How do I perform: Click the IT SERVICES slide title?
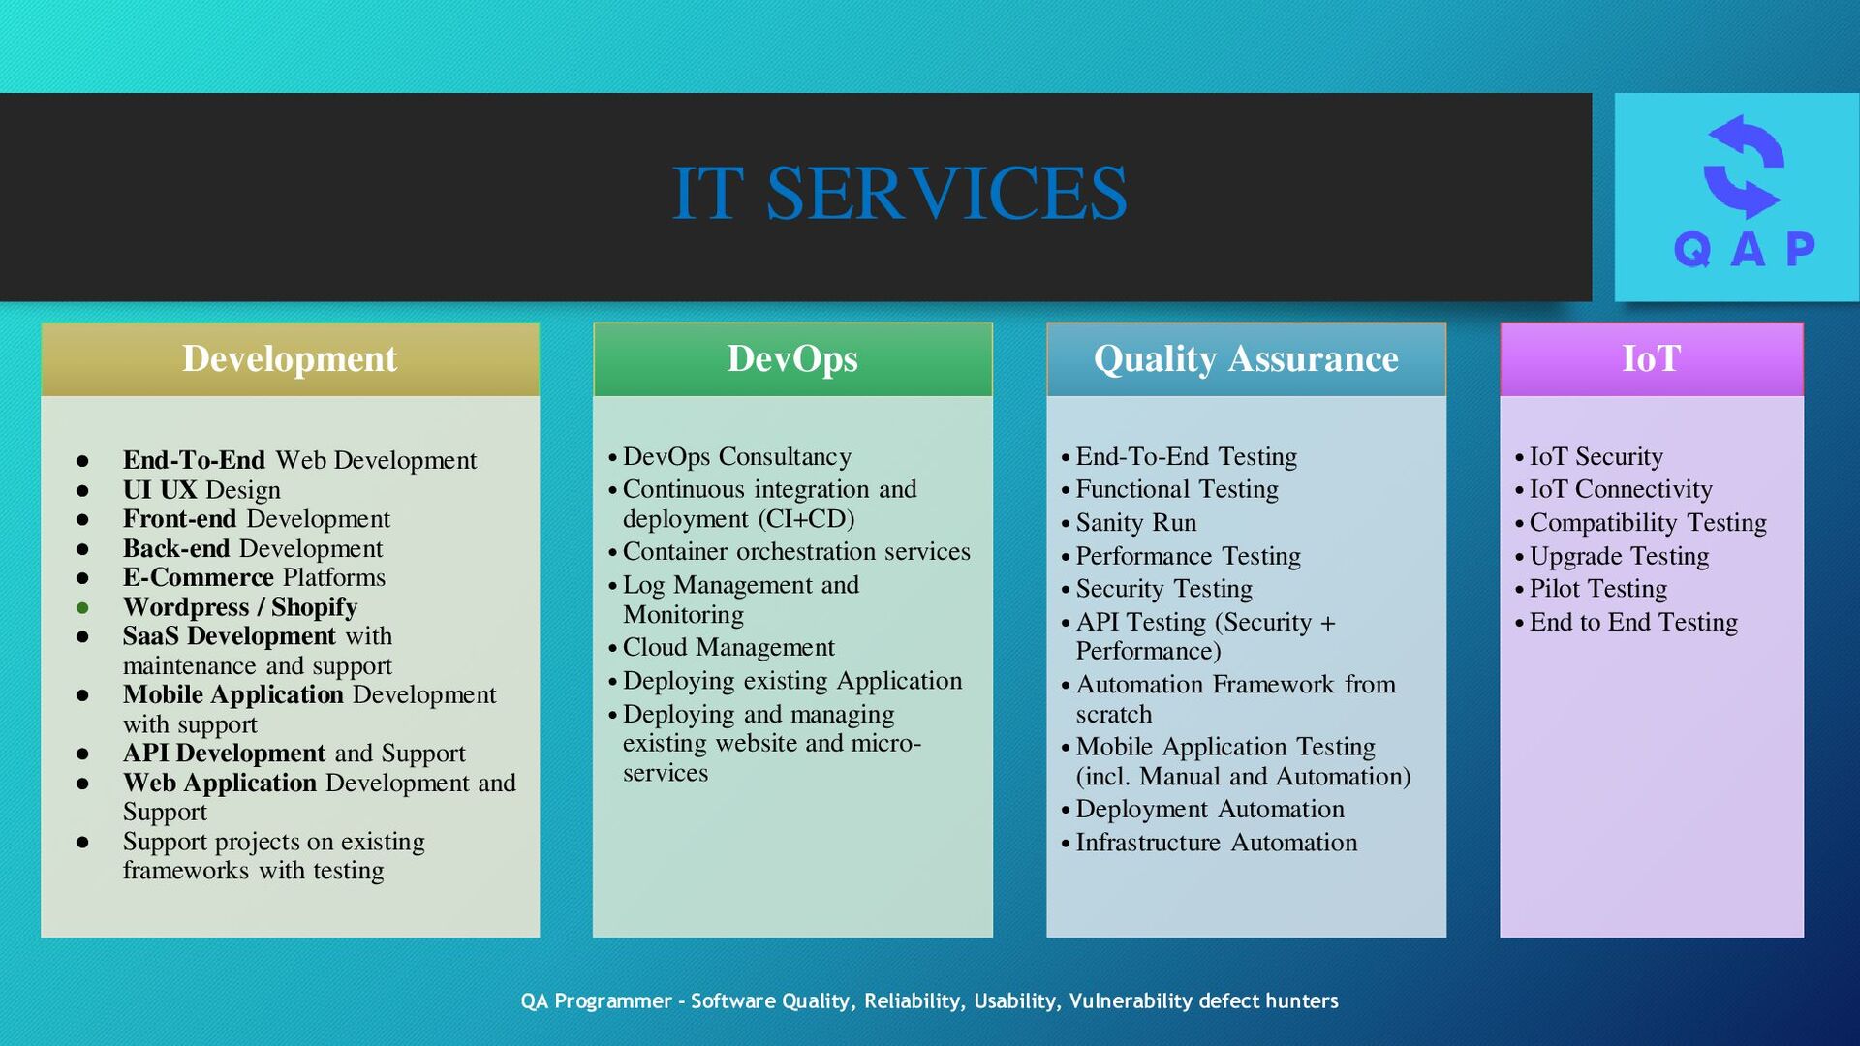point(899,193)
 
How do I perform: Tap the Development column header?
point(290,358)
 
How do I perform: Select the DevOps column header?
point(792,358)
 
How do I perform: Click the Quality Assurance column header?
point(1246,358)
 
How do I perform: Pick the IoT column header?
point(1651,358)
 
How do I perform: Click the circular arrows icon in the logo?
point(1743,167)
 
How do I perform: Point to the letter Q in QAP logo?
point(1692,249)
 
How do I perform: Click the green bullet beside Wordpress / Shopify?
point(83,608)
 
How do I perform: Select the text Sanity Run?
point(1135,523)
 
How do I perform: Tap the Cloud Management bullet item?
point(728,647)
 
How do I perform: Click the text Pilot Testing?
point(1597,589)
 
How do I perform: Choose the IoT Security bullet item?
point(1596,456)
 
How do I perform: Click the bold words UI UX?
point(160,490)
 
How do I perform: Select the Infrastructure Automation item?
point(1216,843)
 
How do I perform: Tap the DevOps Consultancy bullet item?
point(736,456)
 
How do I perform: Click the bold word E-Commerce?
point(199,577)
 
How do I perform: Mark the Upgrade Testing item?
point(1618,556)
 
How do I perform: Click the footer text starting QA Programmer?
point(929,1000)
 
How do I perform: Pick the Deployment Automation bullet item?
point(1209,809)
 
